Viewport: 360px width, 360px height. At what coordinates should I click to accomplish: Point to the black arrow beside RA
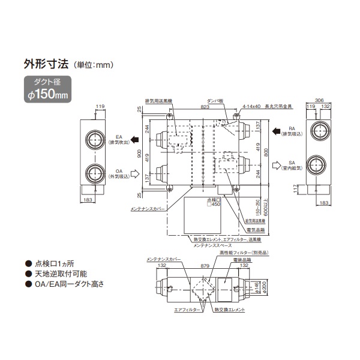[x=275, y=130]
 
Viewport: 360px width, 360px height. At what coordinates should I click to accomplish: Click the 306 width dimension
[x=321, y=101]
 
